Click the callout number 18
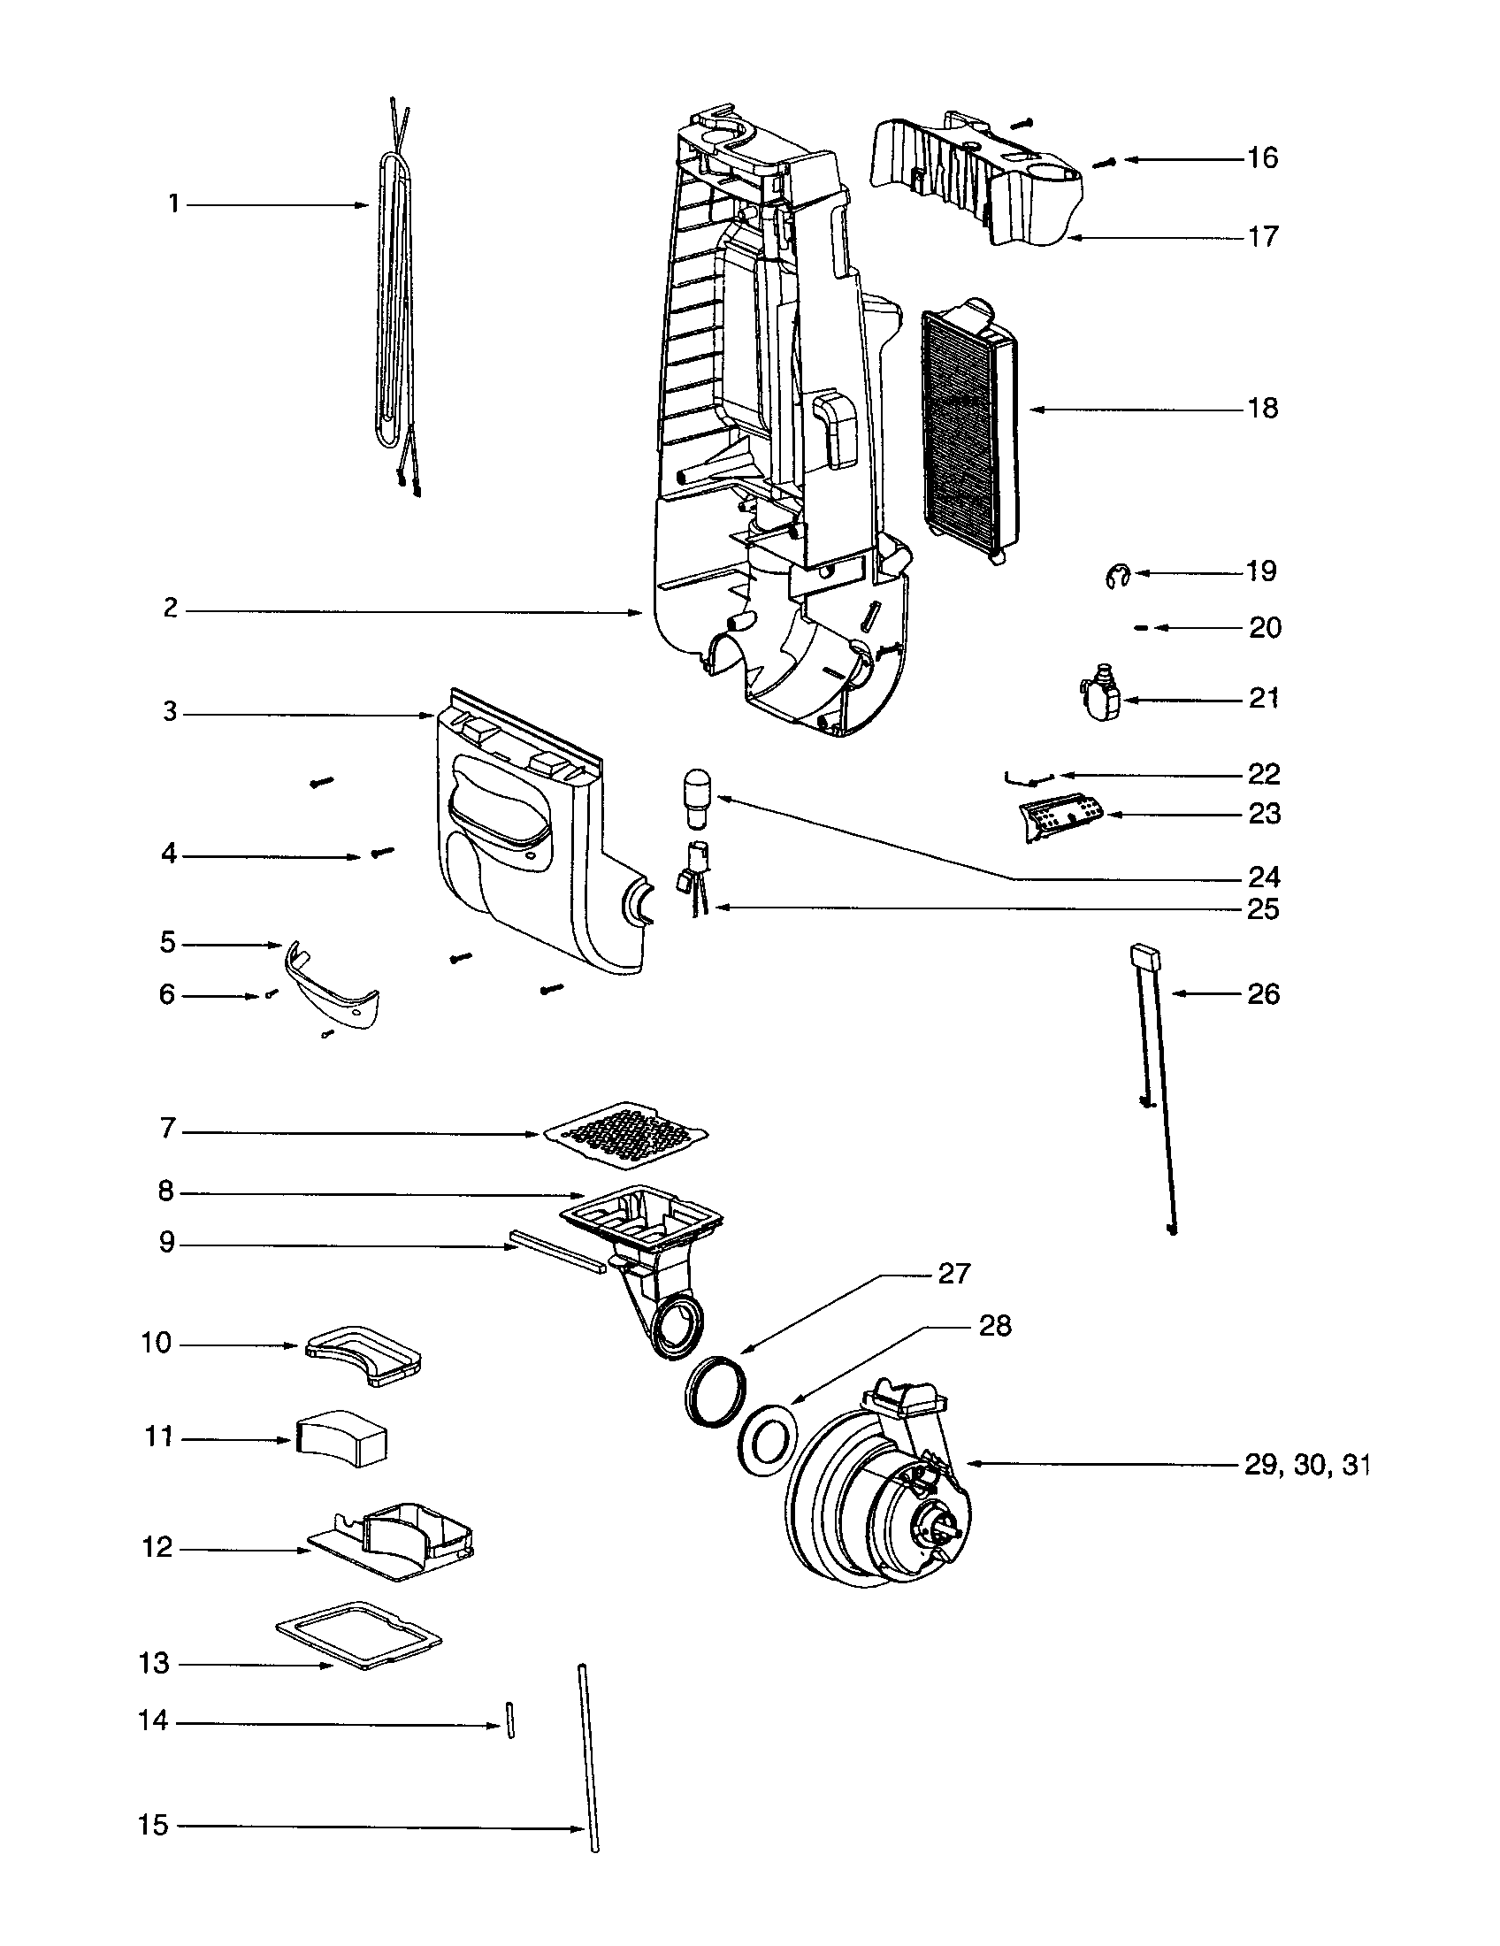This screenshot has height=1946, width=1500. [1262, 408]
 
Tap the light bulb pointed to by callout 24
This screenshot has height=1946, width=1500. [696, 788]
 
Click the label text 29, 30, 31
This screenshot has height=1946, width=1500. [1305, 1465]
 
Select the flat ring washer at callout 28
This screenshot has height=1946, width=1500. [766, 1442]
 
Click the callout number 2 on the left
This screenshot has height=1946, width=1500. [170, 609]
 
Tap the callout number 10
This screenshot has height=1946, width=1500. [155, 1343]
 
